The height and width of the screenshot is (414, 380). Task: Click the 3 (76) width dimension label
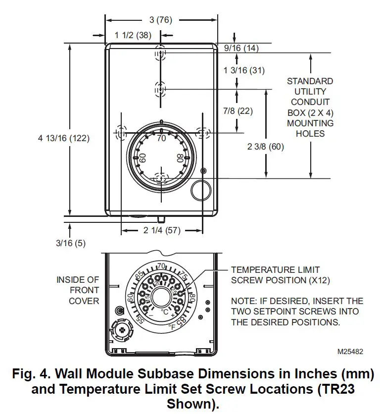coord(161,20)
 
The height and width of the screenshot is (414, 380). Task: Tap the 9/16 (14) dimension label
coord(241,48)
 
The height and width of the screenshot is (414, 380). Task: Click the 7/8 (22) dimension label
coord(238,111)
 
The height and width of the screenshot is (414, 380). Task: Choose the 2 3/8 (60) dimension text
coord(265,147)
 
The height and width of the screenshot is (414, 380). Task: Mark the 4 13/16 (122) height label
coord(64,139)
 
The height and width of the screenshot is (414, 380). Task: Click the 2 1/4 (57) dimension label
coord(162,230)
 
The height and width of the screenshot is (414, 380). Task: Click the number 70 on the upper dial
coord(161,139)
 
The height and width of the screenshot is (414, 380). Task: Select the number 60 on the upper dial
coord(142,158)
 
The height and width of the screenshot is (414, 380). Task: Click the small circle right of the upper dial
coord(202,189)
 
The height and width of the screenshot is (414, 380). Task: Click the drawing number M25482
coord(350,352)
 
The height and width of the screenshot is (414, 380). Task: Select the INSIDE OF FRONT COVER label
coord(78,291)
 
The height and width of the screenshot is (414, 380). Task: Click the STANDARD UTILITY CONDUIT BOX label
coord(310,107)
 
